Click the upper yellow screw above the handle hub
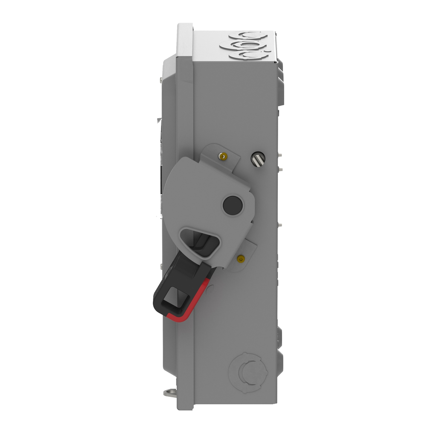(x=221, y=156)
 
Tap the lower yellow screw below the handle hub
(x=242, y=258)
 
